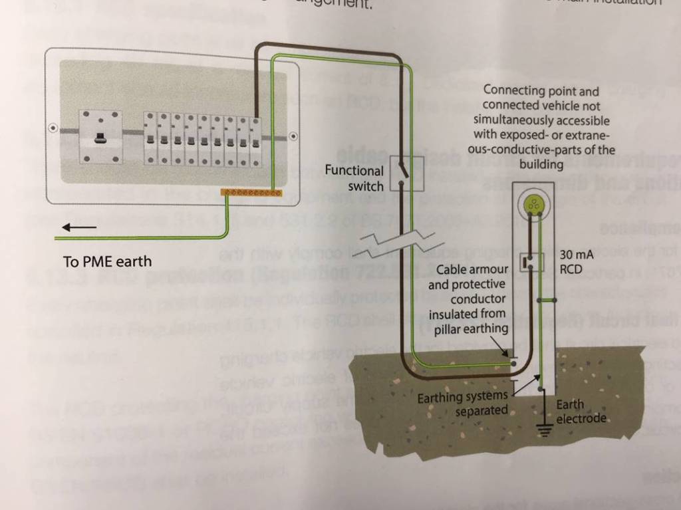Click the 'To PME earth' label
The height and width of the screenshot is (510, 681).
(107, 261)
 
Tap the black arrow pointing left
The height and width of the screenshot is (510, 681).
(78, 228)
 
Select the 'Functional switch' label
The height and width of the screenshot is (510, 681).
(354, 178)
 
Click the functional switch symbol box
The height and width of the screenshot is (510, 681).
(406, 173)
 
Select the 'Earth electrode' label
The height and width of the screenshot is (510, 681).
(581, 412)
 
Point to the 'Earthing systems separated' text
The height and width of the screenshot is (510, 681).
(463, 404)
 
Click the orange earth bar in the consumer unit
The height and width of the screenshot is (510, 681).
(251, 193)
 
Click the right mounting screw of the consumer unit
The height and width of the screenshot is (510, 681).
(292, 135)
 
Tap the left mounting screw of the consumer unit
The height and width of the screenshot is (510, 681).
(53, 127)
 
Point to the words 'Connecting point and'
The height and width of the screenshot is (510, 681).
(541, 90)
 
